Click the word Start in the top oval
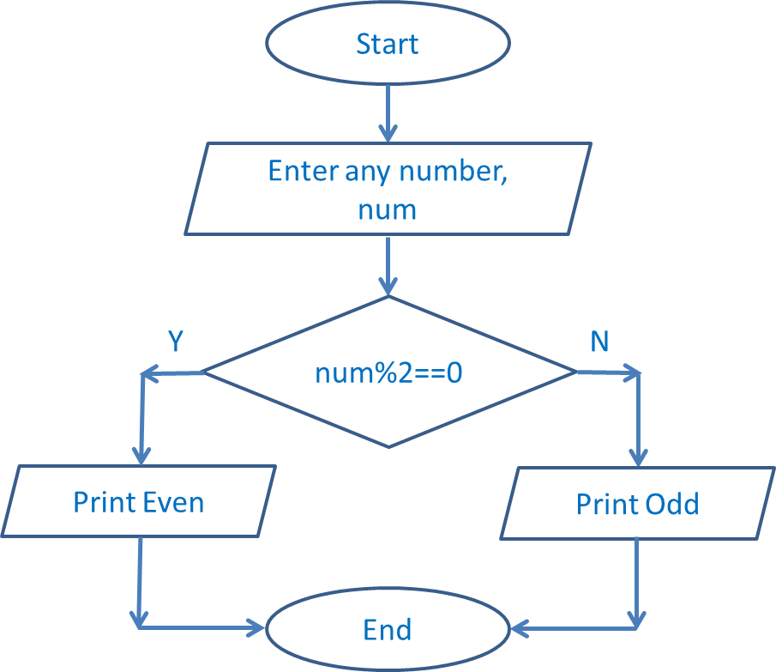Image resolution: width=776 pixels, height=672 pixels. [388, 44]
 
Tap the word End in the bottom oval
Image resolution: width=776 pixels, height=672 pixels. [388, 630]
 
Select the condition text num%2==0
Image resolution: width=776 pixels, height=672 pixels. [389, 373]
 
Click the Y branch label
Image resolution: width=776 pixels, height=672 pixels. [175, 342]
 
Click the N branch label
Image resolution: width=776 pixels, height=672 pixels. [599, 342]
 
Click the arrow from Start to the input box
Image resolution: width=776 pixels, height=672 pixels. [388, 112]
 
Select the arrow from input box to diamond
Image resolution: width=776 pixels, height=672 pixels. [388, 266]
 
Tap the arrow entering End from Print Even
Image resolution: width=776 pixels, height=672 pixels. [202, 629]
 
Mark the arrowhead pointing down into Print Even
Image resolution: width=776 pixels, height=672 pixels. [139, 455]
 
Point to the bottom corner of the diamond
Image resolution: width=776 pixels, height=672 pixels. [388, 446]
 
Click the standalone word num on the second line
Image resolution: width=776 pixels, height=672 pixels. [388, 209]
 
